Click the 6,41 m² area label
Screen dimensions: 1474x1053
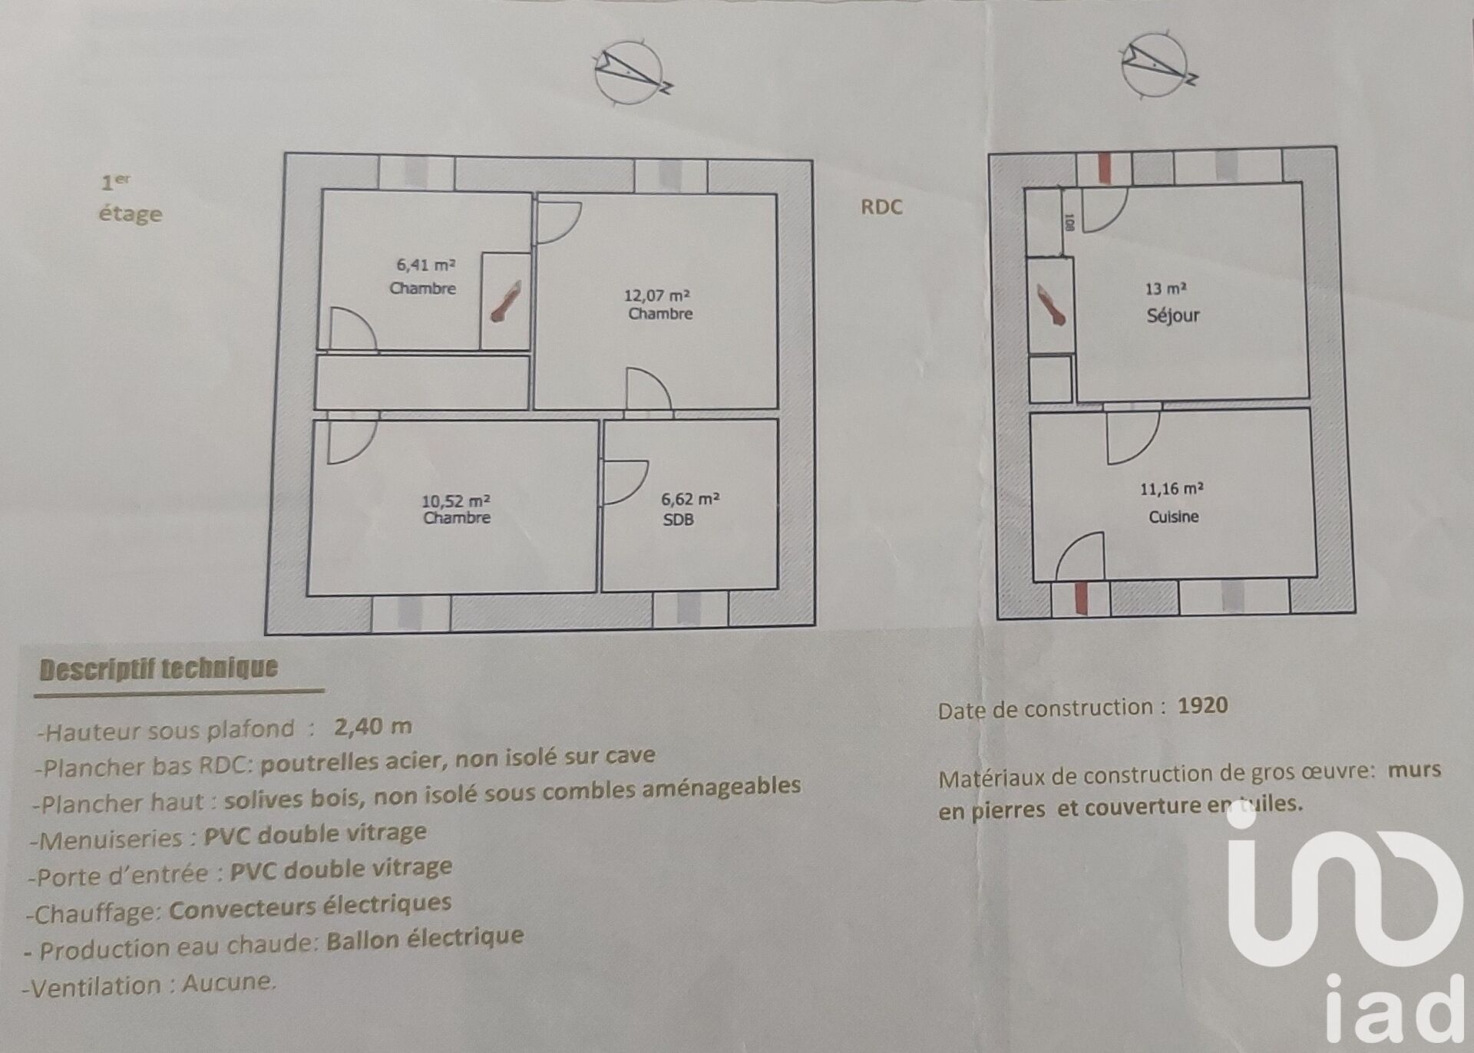tap(425, 265)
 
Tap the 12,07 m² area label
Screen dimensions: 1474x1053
tap(656, 295)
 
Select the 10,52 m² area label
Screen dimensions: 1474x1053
tap(456, 500)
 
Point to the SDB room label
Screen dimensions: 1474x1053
tap(678, 520)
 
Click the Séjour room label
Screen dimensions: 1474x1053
tap(1172, 315)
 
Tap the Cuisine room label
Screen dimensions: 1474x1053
tap(1173, 517)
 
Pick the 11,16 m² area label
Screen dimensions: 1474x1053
tap(1172, 489)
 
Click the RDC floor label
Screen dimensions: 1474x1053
tap(881, 207)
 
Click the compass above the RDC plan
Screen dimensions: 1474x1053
tap(1158, 66)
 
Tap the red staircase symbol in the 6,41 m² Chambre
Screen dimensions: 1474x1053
tap(506, 301)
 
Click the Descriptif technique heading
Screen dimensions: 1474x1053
tap(158, 668)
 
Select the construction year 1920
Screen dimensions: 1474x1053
tap(1203, 705)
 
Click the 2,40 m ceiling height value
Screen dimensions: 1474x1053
tap(373, 726)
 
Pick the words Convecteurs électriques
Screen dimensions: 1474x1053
tap(310, 906)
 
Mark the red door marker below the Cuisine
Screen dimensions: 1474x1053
tap(1080, 599)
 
